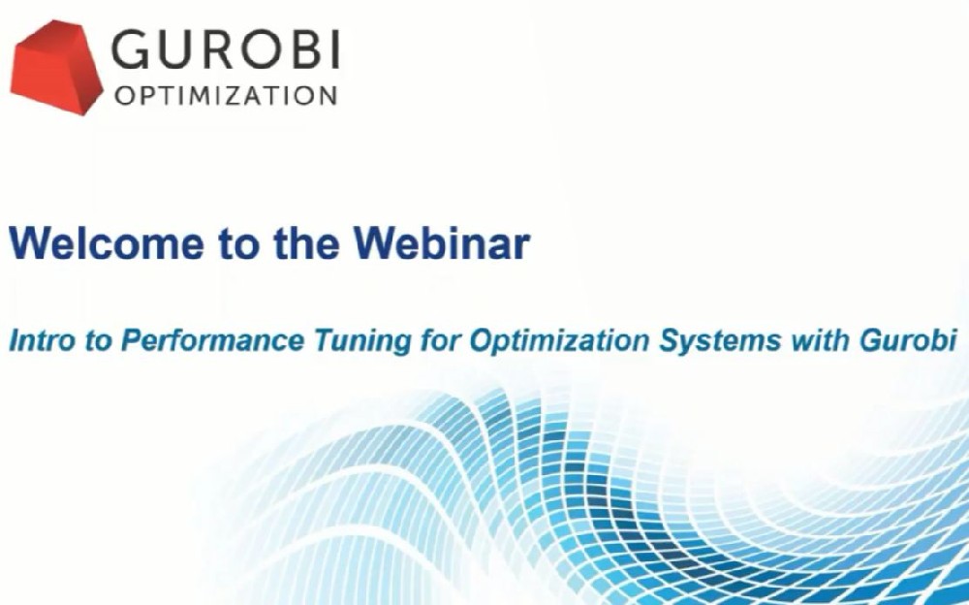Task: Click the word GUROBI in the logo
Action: click(226, 49)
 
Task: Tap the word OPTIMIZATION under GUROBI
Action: click(226, 96)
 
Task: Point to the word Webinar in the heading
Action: click(442, 242)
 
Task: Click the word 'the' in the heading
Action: click(306, 242)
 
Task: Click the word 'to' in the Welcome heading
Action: click(238, 243)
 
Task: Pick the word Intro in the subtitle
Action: click(42, 341)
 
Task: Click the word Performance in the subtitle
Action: click(212, 341)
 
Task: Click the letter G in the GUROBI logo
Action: click(131, 49)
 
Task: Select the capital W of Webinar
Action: click(379, 242)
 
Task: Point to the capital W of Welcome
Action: click(34, 242)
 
